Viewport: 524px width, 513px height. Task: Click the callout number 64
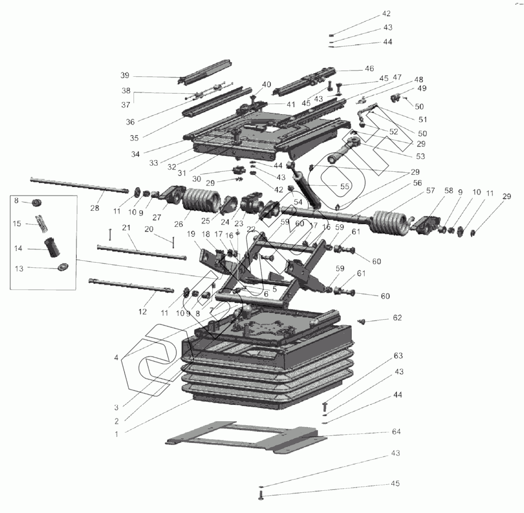coord(396,432)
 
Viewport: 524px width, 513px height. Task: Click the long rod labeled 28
coord(80,186)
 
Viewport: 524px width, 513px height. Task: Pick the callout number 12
coord(143,312)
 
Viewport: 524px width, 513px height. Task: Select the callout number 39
coord(125,75)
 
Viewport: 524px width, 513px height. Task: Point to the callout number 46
coord(369,68)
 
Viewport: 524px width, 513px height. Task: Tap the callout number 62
coord(397,317)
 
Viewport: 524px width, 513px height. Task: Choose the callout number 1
coord(116,434)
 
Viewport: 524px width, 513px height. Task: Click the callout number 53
coord(420,156)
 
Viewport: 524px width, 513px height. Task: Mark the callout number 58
coord(448,191)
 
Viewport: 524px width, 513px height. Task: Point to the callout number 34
coord(136,154)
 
